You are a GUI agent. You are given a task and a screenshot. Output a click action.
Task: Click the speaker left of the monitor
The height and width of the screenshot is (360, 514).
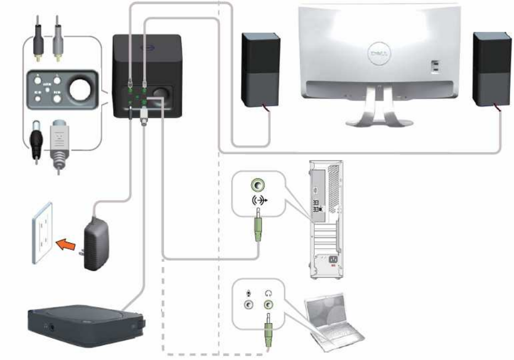point(260,68)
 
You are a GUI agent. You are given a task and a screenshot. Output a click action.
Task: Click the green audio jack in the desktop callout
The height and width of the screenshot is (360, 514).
point(258,185)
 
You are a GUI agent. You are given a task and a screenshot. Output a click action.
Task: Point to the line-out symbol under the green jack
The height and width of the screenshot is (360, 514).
point(258,199)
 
